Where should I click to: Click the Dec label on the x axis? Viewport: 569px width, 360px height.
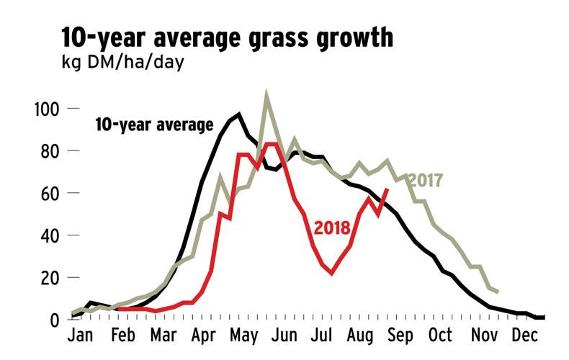point(525,337)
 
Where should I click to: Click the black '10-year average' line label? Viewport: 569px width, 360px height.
point(154,125)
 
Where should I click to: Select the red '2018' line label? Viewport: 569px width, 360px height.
point(332,228)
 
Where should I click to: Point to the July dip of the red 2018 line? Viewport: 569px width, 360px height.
point(332,274)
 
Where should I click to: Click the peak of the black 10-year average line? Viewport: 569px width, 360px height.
point(238,114)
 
